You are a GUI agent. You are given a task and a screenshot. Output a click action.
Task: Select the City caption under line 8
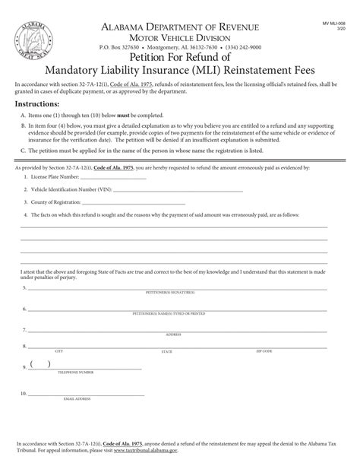coord(59,352)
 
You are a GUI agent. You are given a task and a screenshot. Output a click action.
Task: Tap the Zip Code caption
coord(264,352)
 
